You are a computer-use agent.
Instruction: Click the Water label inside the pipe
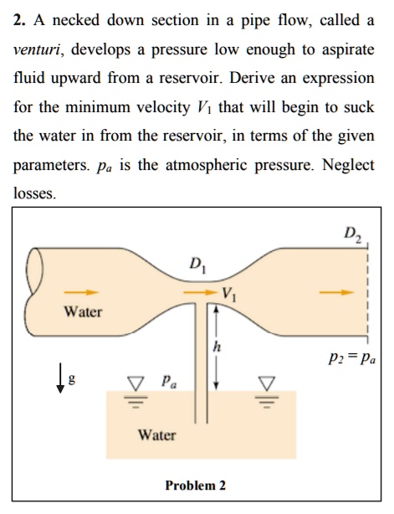pos(83,312)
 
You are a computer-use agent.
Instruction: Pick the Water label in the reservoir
pos(156,435)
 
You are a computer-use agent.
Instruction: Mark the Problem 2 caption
pos(195,486)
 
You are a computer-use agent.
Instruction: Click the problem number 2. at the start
pos(22,21)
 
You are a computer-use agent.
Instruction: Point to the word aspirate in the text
pos(345,49)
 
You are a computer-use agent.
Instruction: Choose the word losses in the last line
pos(35,193)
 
